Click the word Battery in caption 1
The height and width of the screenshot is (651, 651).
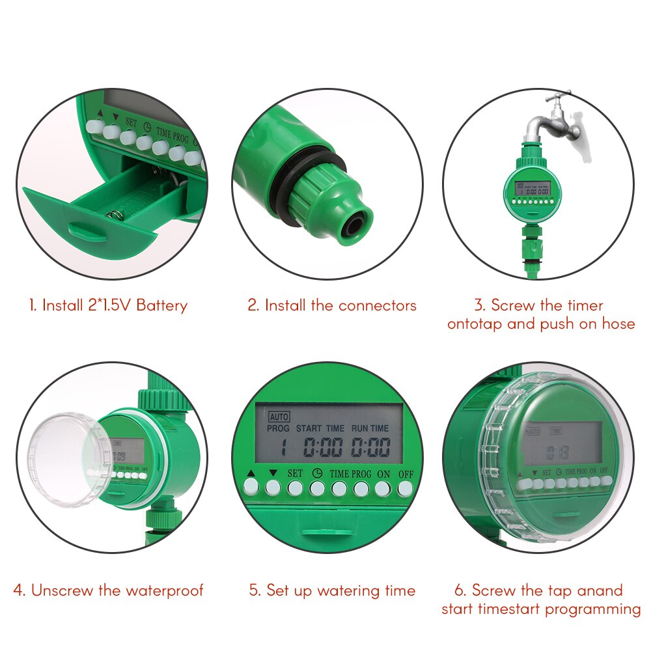(161, 305)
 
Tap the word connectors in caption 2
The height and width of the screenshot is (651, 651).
(377, 305)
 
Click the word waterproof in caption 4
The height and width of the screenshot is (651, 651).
(165, 590)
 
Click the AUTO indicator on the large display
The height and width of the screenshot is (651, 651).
(279, 416)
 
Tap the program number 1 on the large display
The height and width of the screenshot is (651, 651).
(284, 447)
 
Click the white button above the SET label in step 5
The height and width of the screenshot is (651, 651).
(295, 488)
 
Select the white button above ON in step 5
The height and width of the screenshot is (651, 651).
(383, 488)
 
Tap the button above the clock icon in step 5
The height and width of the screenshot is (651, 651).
(317, 488)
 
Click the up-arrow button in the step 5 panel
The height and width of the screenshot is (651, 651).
(251, 488)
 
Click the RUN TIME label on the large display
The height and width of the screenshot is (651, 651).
(370, 428)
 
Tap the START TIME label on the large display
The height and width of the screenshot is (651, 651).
(320, 428)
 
